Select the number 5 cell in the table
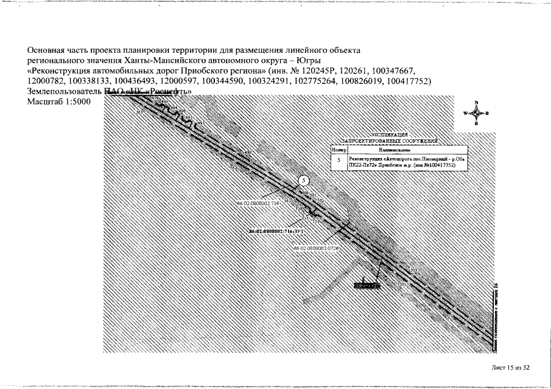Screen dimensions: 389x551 tap(339, 161)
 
